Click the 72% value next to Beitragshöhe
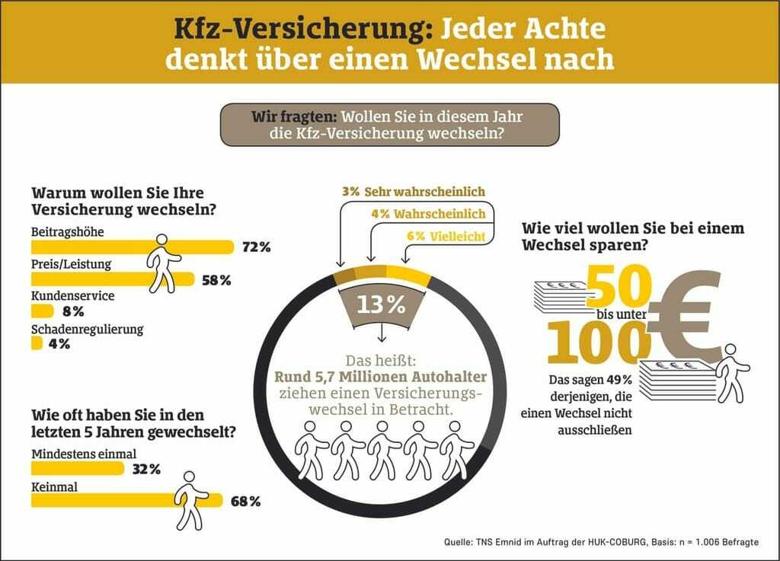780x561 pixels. pyautogui.click(x=256, y=247)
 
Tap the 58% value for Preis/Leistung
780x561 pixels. pyautogui.click(x=216, y=280)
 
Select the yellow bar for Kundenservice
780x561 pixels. pyautogui.click(x=43, y=311)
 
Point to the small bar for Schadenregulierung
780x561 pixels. pyautogui.click(x=37, y=343)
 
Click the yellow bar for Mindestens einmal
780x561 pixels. pyautogui.click(x=77, y=468)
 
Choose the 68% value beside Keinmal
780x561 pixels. pyautogui.click(x=245, y=501)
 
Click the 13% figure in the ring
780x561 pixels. pyautogui.click(x=381, y=304)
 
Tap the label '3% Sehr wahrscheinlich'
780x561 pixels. pyautogui.click(x=414, y=191)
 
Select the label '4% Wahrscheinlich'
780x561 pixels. pyautogui.click(x=428, y=214)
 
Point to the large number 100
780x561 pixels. pyautogui.click(x=595, y=342)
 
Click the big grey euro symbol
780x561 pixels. pyautogui.click(x=686, y=316)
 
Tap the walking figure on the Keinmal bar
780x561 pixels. pyautogui.click(x=190, y=499)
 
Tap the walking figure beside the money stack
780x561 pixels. pyautogui.click(x=732, y=372)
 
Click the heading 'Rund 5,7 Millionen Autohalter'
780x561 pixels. pyautogui.click(x=381, y=375)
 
